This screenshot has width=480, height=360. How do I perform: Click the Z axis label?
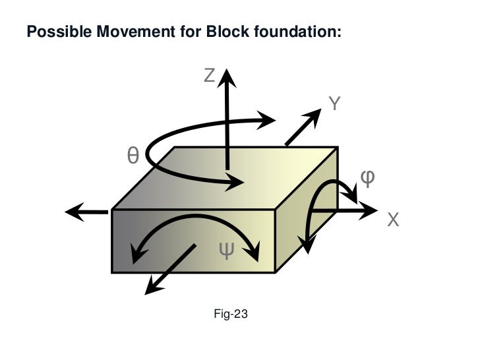click(x=209, y=76)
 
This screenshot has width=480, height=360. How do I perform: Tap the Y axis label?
click(x=334, y=104)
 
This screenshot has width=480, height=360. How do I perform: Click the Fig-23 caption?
click(x=231, y=315)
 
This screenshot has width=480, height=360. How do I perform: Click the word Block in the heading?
click(x=223, y=32)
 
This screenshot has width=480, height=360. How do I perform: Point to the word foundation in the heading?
click(x=294, y=32)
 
